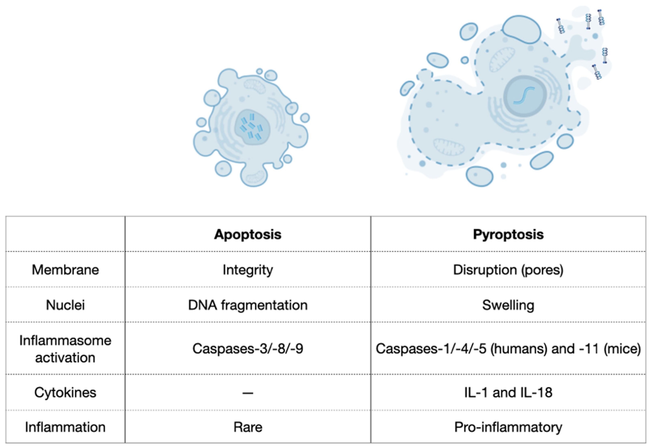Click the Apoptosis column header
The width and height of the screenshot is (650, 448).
point(247,234)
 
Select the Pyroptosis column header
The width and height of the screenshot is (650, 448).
point(508,234)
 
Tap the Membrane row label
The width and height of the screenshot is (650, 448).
point(65,270)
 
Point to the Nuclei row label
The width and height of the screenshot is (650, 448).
point(65,305)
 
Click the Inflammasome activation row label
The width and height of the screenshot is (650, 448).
point(65,349)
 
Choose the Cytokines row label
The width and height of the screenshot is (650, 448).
point(65,392)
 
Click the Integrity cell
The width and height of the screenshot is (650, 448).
point(247,270)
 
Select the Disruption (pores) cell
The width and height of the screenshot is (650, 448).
point(508,270)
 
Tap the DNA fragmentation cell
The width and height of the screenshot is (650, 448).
point(247,305)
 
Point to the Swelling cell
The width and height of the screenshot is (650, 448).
point(508,305)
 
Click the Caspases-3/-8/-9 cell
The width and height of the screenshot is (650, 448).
point(247,349)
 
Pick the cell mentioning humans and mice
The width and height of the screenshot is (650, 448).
point(508,349)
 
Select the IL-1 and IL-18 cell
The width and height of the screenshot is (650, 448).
point(508,392)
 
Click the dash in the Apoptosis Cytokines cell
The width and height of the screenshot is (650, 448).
point(247,393)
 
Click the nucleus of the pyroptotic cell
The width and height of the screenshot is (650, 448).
point(525,96)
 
